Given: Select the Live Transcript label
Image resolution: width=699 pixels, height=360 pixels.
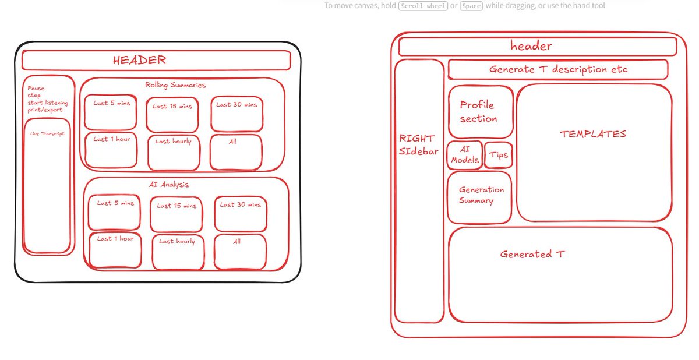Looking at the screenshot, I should click(x=47, y=134).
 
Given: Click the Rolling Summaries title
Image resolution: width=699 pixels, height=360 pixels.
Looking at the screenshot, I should click(x=175, y=86).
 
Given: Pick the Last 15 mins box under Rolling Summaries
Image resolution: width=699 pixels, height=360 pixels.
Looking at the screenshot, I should click(x=172, y=115).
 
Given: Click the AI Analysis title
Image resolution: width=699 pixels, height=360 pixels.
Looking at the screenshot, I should click(x=169, y=185).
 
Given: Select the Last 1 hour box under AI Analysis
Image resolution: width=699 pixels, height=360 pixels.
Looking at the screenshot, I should click(x=115, y=250).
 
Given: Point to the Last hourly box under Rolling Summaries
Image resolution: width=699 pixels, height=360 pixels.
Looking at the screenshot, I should click(x=174, y=152).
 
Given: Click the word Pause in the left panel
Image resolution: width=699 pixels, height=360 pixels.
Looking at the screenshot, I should click(x=36, y=89).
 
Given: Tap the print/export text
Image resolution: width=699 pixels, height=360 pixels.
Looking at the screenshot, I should click(x=45, y=110).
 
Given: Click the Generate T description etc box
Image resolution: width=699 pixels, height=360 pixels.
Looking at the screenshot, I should click(x=557, y=69).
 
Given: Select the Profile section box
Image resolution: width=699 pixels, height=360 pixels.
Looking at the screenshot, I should click(x=480, y=112).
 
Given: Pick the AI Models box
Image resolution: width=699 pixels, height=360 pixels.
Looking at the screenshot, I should click(x=465, y=155).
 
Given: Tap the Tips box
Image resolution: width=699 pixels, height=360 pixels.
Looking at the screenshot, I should click(x=499, y=156).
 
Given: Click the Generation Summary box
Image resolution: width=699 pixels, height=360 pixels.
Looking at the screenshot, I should click(x=479, y=197).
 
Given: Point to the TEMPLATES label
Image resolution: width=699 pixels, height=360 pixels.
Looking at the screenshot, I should click(x=593, y=134).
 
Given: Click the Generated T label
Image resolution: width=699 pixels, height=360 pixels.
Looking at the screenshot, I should click(x=532, y=255).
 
